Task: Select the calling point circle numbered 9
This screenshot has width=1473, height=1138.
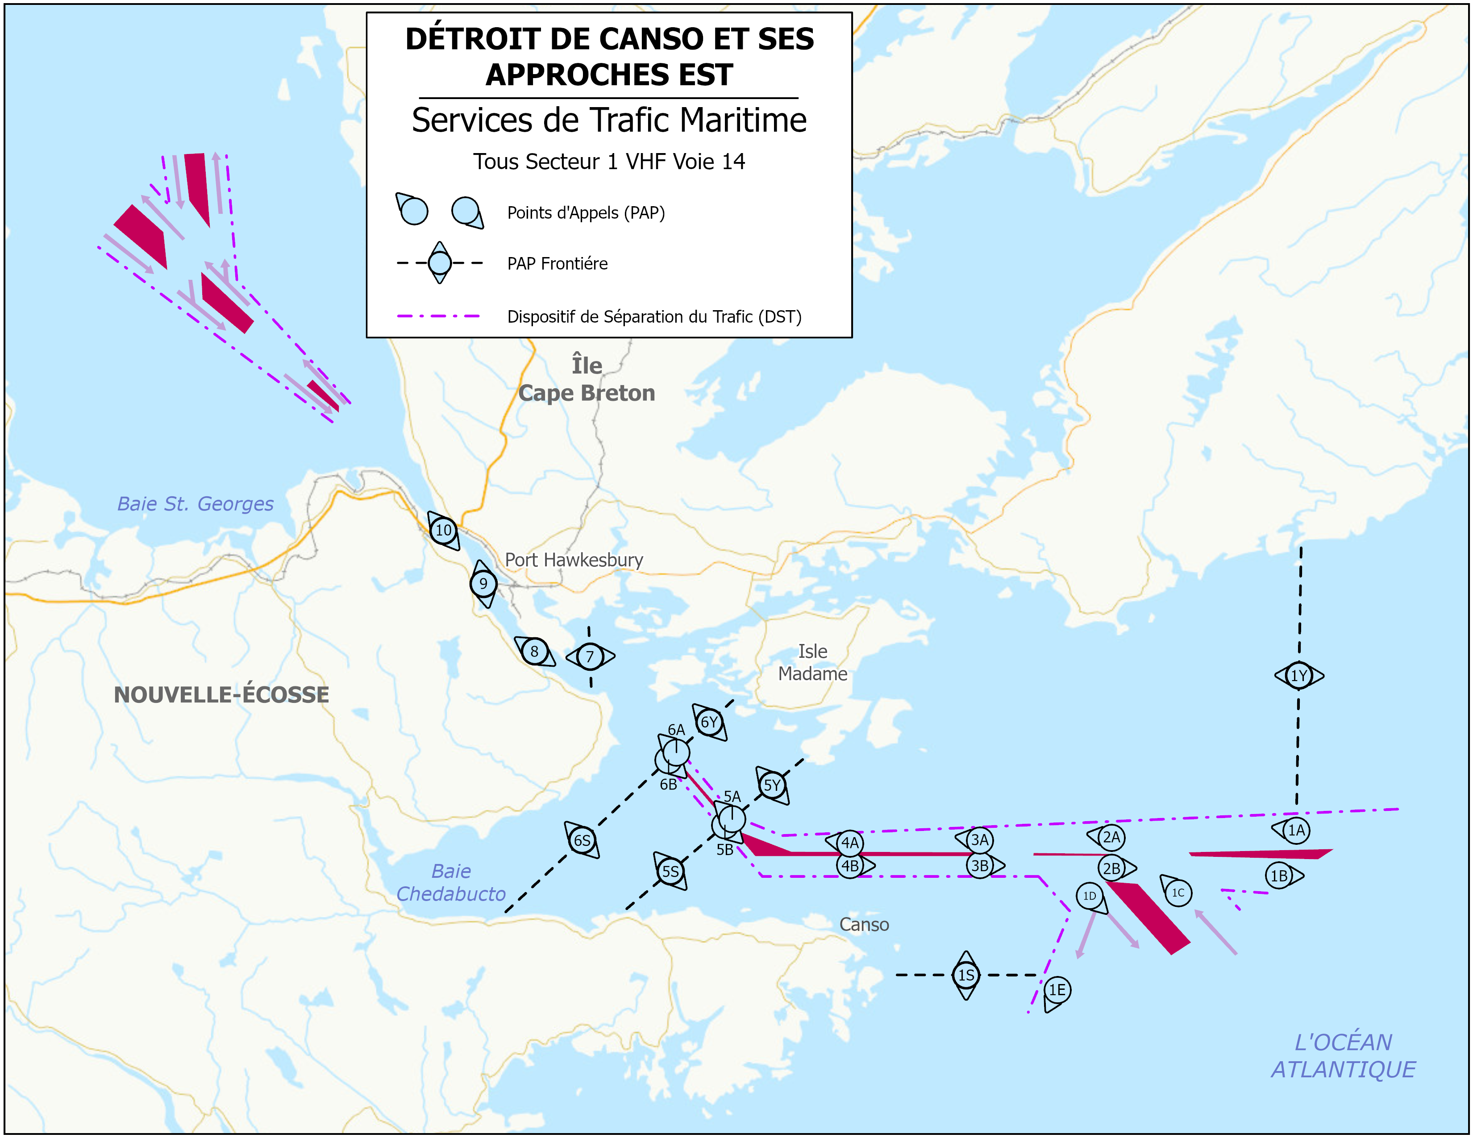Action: pyautogui.click(x=483, y=584)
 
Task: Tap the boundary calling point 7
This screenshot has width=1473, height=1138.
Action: pyautogui.click(x=590, y=656)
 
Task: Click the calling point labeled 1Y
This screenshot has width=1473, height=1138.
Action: pyautogui.click(x=1298, y=676)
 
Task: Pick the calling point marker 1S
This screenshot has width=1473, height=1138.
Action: pyautogui.click(x=966, y=975)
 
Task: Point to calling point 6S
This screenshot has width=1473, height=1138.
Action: pyautogui.click(x=581, y=840)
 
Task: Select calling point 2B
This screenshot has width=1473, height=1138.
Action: pyautogui.click(x=1111, y=868)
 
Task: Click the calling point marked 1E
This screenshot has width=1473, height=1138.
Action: pyautogui.click(x=1057, y=990)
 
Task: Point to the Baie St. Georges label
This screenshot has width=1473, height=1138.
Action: pyautogui.click(x=195, y=503)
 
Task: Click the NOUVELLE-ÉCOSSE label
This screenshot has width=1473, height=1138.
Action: pyautogui.click(x=221, y=694)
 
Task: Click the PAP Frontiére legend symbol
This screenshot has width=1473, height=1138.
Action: pyautogui.click(x=440, y=263)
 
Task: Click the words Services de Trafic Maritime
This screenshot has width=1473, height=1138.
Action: pyautogui.click(x=608, y=120)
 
